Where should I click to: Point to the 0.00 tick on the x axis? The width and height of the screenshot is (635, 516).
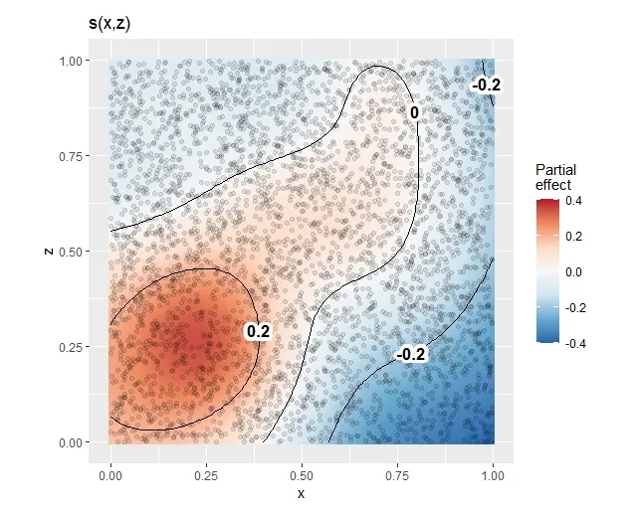coord(109,477)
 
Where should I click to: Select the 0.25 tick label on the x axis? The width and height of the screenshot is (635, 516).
coord(206,477)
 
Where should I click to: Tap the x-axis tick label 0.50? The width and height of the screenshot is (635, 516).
coord(302,477)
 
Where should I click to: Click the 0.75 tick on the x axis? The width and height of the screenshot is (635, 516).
coord(397,477)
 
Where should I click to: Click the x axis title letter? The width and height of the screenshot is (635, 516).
coord(301,494)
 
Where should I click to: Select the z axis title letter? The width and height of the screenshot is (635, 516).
coord(49,252)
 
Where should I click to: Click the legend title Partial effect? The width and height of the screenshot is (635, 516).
coord(555,177)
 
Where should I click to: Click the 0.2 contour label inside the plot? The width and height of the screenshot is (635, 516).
coord(258,330)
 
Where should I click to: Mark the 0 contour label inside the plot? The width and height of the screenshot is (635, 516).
coord(414,113)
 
